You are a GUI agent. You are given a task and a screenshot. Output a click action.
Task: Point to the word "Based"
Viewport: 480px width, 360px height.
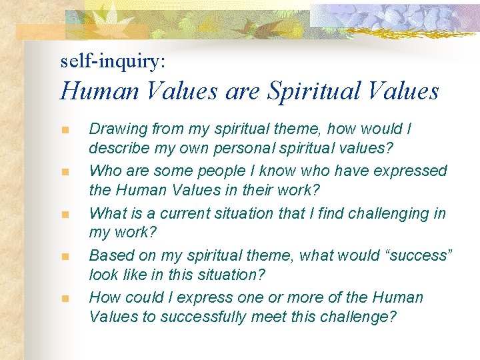tap(109, 255)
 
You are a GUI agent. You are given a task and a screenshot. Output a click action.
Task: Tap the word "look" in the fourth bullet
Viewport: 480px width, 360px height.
tap(103, 274)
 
